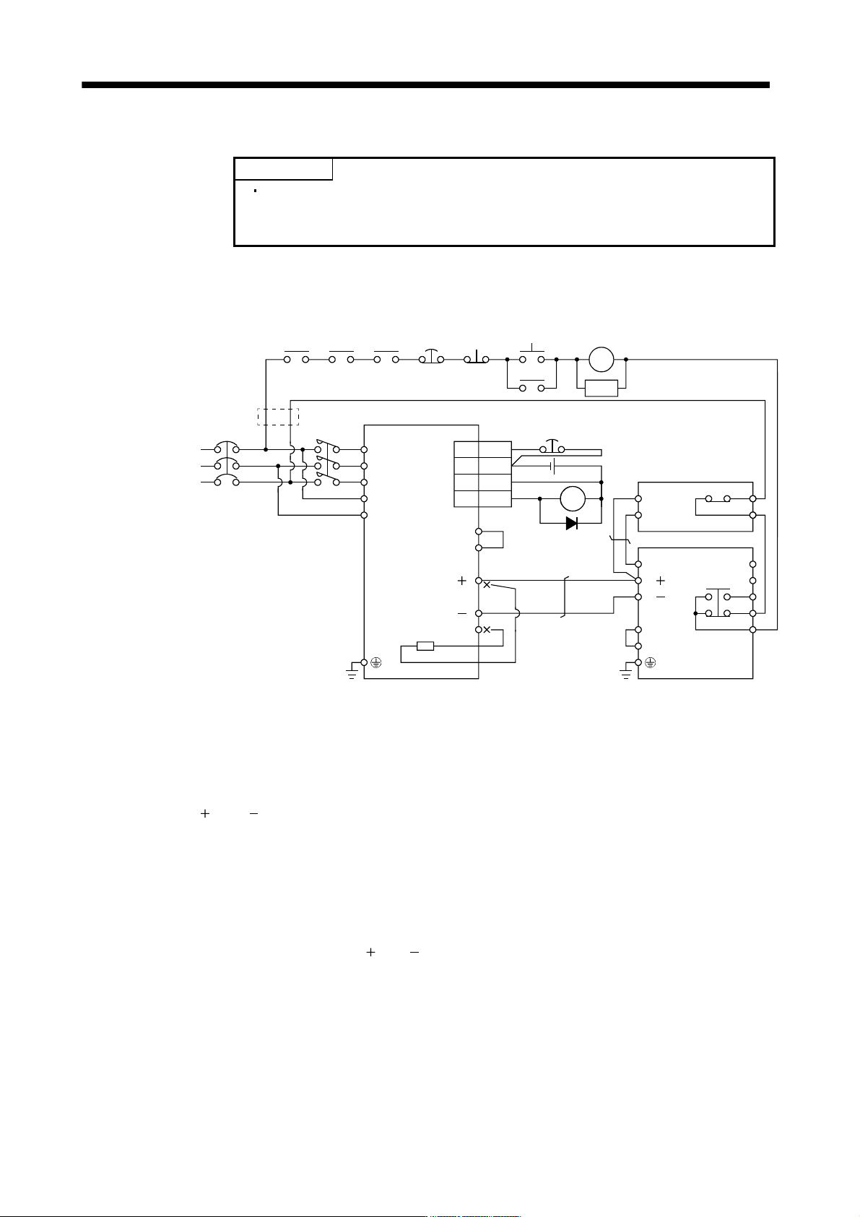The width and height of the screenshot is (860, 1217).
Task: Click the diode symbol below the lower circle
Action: (x=571, y=523)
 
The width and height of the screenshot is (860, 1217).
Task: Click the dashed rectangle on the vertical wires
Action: (x=278, y=417)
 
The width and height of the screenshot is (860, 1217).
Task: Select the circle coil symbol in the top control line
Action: (x=601, y=360)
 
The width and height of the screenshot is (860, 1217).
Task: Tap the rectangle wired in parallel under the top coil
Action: (x=601, y=388)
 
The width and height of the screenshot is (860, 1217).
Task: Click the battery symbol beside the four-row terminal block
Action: (x=552, y=466)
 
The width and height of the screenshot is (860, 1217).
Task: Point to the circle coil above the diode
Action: (x=573, y=499)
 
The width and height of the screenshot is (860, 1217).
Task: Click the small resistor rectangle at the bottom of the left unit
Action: (x=425, y=646)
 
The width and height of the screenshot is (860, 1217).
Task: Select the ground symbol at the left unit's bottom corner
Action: (x=352, y=672)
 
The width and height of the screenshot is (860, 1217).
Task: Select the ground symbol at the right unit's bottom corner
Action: (x=626, y=672)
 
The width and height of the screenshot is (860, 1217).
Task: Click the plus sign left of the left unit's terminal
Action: (x=462, y=581)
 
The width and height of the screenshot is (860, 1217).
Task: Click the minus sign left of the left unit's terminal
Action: (x=462, y=613)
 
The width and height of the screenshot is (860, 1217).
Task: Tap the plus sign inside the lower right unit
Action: (x=661, y=581)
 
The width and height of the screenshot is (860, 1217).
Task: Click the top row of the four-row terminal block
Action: (x=482, y=450)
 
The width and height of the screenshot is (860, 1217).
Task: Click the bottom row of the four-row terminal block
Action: (x=482, y=499)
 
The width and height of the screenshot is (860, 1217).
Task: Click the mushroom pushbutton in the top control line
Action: (x=431, y=356)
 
